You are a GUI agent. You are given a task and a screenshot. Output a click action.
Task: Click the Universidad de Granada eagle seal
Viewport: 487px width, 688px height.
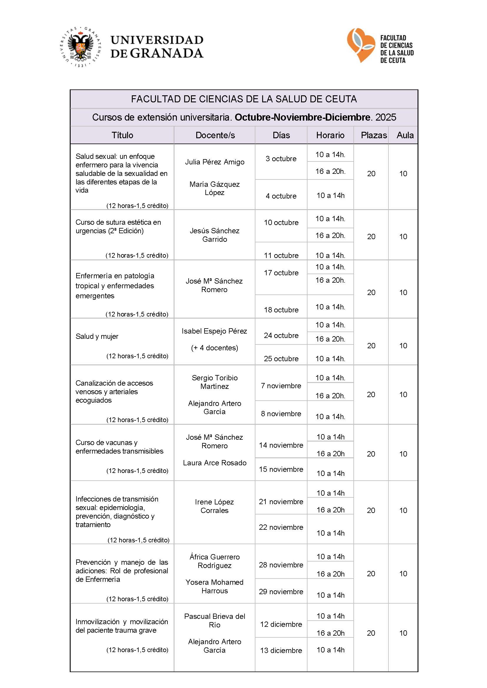click(x=80, y=47)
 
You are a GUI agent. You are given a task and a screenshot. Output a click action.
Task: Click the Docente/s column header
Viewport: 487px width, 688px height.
click(x=215, y=135)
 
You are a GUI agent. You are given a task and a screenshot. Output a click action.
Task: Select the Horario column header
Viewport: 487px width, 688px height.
click(x=330, y=135)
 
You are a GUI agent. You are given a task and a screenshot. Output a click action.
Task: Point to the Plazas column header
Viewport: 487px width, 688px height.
click(x=374, y=135)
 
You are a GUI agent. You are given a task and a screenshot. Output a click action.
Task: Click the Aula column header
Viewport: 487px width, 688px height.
click(x=405, y=135)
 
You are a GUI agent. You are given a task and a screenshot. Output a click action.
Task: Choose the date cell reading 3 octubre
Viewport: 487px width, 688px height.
click(x=281, y=159)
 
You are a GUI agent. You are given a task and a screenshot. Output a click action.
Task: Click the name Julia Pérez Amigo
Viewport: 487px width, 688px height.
click(x=215, y=162)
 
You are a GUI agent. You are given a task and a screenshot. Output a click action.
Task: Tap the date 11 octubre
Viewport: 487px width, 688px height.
click(x=281, y=255)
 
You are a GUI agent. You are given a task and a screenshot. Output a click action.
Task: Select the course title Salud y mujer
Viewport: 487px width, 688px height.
click(x=97, y=336)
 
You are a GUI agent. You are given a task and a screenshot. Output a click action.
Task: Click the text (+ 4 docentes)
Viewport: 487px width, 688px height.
click(x=215, y=348)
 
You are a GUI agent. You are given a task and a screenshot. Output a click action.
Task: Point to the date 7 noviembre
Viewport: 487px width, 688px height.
click(x=281, y=386)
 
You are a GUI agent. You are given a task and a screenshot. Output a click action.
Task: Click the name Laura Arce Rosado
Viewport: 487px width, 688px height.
click(x=215, y=463)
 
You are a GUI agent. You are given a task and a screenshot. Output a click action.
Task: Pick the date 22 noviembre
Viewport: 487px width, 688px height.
click(x=281, y=527)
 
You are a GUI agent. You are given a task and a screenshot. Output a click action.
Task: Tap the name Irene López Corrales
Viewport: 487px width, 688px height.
click(x=215, y=506)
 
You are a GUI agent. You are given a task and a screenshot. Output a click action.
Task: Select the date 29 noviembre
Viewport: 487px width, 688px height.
click(x=281, y=592)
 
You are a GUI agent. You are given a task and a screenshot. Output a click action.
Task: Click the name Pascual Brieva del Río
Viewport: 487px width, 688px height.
click(x=215, y=621)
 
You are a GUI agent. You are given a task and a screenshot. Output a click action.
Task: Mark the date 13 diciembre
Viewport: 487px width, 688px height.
click(x=281, y=651)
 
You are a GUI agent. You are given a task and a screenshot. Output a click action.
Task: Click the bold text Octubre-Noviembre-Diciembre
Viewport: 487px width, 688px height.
click(x=302, y=117)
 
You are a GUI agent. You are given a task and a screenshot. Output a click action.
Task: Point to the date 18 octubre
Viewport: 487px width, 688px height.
click(x=281, y=310)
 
